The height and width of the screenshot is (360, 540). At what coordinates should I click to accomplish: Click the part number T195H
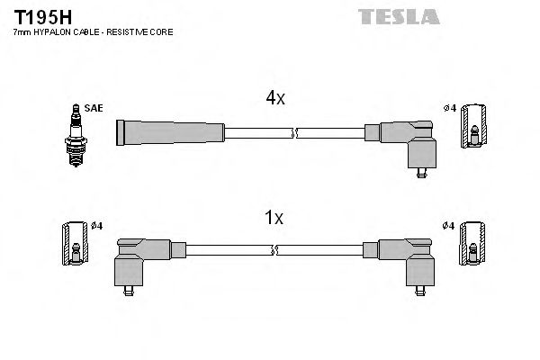pos(37,16)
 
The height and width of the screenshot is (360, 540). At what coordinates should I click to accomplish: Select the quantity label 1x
pos(274,217)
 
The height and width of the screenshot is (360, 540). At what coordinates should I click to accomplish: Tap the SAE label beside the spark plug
pos(94,108)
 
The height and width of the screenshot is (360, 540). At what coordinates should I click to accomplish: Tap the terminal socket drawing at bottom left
pos(75,244)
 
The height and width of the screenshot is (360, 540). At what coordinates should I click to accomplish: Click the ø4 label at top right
pos(449,109)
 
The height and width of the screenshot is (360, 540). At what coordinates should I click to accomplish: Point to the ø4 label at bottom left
pos(97,225)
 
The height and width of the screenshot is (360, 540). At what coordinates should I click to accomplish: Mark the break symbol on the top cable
pos(295,133)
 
